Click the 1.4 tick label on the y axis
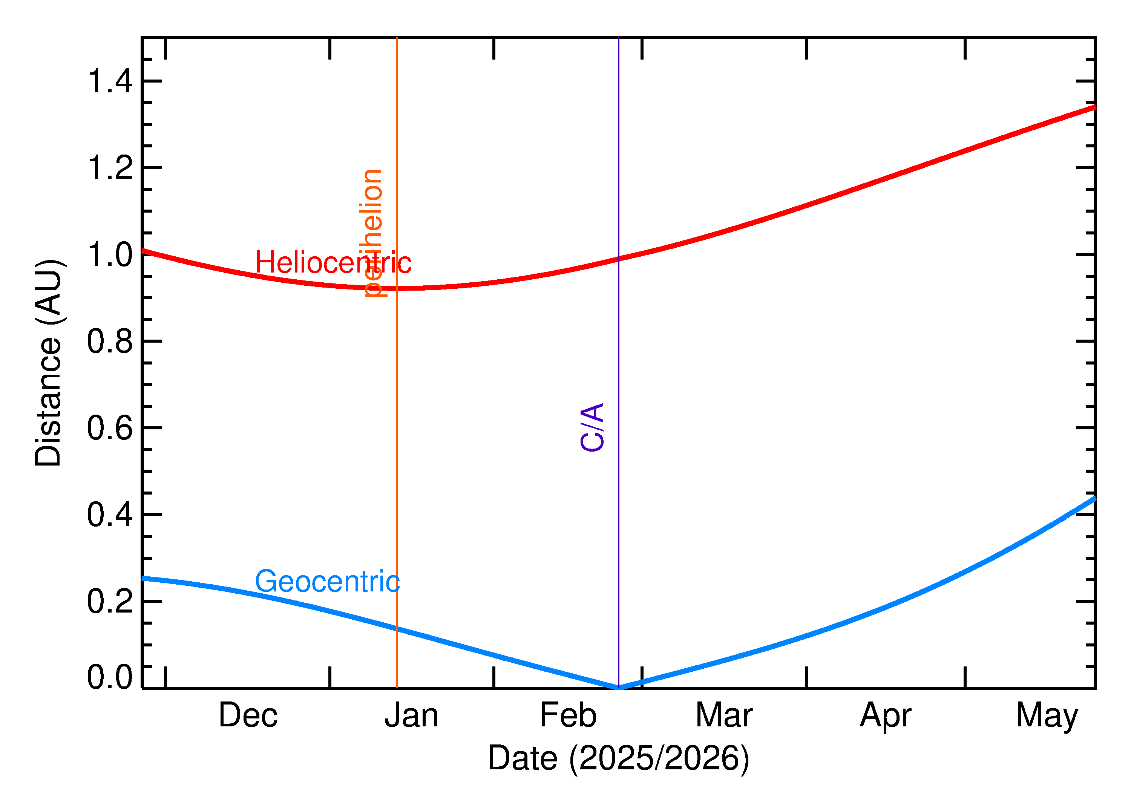[109, 81]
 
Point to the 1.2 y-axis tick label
[109, 168]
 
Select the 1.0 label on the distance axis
[109, 254]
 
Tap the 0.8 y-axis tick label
[109, 341]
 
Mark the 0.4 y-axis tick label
[109, 515]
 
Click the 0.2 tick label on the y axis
[109, 601]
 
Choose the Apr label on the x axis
[885, 716]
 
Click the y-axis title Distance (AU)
[48, 363]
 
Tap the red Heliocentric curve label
[333, 262]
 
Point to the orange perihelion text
[373, 233]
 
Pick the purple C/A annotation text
[592, 427]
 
